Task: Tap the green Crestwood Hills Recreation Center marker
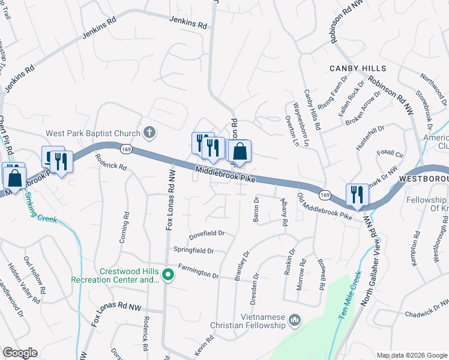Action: pyautogui.click(x=168, y=275)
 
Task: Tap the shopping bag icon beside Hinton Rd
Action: pyautogui.click(x=240, y=153)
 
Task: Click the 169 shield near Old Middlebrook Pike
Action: pyautogui.click(x=325, y=195)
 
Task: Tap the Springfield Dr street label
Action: pyautogui.click(x=194, y=250)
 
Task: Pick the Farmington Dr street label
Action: pyautogui.click(x=198, y=274)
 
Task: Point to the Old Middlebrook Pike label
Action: pyautogui.click(x=325, y=207)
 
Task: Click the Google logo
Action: pyautogui.click(x=20, y=353)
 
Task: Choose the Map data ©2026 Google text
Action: pyautogui.click(x=411, y=355)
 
